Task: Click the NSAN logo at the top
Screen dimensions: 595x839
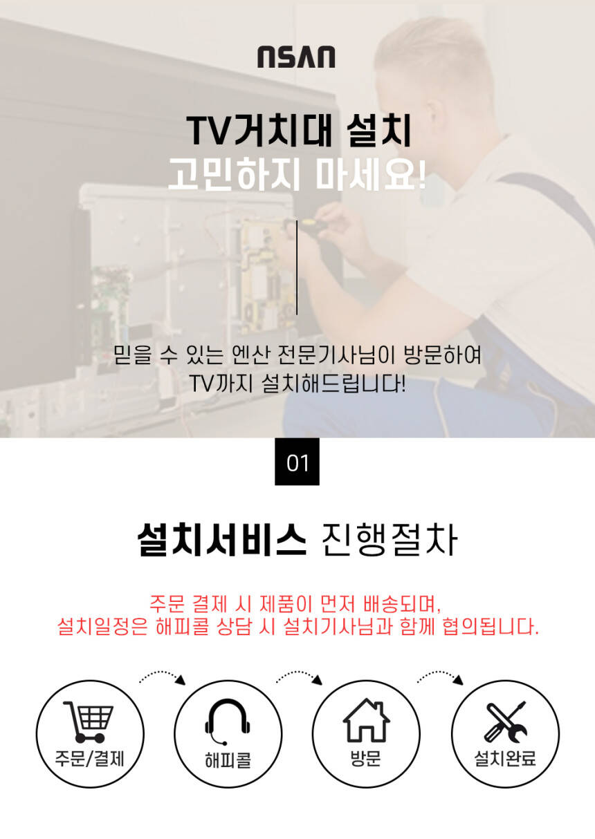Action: coord(296,57)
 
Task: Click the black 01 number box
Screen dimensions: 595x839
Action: coord(297,462)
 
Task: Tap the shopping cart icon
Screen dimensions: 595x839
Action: coord(89,722)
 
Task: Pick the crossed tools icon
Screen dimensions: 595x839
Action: coord(505,722)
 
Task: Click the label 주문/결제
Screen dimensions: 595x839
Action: coord(90,759)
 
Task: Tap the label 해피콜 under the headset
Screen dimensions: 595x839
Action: coord(228,760)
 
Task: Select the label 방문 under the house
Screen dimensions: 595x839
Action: coord(365,758)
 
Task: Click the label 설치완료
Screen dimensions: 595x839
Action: coord(505,758)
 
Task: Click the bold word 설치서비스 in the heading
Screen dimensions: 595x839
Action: coord(222,539)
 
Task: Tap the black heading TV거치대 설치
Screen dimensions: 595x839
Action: coord(299,131)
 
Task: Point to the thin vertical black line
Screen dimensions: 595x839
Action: coord(297,267)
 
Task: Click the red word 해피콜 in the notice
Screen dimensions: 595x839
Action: coord(182,626)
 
